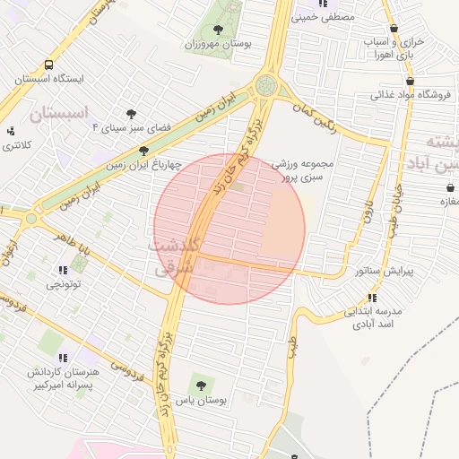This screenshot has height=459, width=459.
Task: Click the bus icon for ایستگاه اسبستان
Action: (x=48, y=65)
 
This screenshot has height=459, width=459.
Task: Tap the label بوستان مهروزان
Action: (x=218, y=43)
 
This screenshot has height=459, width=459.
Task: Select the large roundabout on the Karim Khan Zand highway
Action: (x=266, y=86)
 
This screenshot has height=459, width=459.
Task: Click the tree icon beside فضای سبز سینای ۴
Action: (x=132, y=114)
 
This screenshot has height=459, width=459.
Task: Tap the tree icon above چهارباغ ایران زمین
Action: (x=143, y=150)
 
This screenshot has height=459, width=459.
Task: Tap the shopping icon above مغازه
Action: (x=448, y=187)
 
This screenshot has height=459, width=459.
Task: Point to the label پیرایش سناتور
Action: (x=385, y=270)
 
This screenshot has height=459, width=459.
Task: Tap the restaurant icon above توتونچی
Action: (x=62, y=270)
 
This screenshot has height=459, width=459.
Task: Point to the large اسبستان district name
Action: (x=60, y=114)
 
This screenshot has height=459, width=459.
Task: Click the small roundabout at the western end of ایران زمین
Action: (x=32, y=218)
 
